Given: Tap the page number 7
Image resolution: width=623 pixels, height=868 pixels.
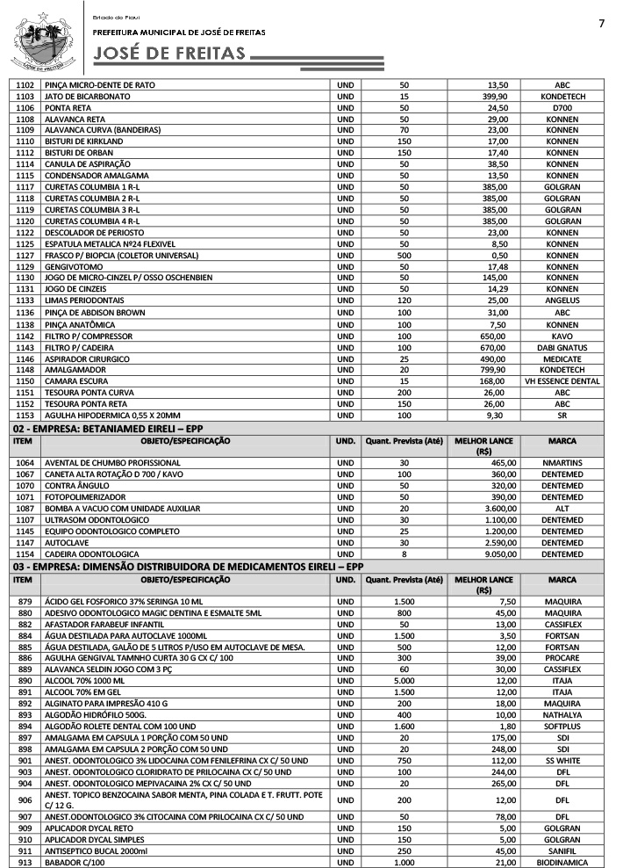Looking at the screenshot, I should tap(601, 24).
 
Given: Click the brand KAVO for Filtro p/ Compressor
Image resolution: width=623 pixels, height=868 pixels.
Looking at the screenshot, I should tap(562, 336).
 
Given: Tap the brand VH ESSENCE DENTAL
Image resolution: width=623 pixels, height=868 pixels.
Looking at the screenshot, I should tap(562, 381).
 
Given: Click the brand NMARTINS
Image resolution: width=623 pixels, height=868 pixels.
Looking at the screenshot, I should tap(562, 462).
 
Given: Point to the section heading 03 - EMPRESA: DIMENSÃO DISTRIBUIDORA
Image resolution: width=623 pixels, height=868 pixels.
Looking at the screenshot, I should tap(188, 567).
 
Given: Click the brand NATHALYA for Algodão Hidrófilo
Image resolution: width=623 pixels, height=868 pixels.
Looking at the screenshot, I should tap(562, 714).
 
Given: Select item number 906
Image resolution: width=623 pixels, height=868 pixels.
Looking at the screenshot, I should tap(25, 800).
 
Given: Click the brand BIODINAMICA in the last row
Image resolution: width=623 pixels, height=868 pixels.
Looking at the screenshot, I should tap(562, 862).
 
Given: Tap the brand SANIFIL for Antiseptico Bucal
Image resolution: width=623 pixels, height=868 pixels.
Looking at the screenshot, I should tap(562, 850).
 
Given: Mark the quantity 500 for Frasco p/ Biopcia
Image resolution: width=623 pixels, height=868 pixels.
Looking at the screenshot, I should tap(404, 255).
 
